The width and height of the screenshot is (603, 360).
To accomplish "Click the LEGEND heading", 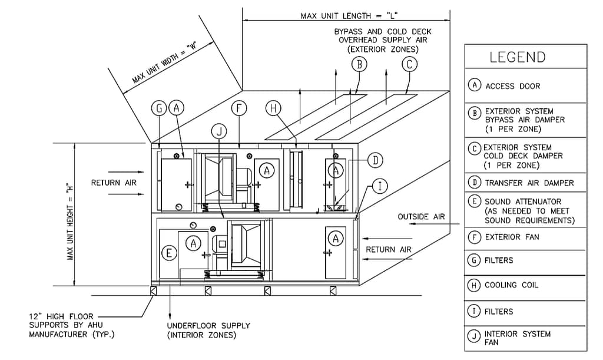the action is click(x=517, y=57).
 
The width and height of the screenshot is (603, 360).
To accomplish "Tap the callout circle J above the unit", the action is click(x=219, y=131).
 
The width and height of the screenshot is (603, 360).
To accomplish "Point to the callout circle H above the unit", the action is click(x=273, y=108).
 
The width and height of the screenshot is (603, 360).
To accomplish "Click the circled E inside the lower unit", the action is click(x=169, y=253).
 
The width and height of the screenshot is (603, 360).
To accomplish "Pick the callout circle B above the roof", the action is click(x=359, y=64).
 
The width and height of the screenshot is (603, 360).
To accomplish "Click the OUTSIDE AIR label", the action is click(x=421, y=217).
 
